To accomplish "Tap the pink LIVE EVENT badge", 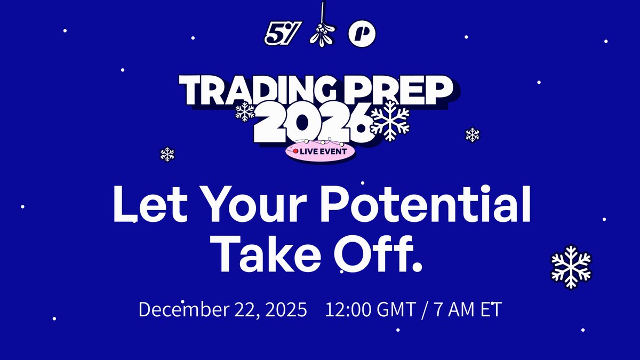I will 320,151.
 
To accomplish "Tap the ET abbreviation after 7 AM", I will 491,310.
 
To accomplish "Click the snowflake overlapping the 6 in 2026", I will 390,121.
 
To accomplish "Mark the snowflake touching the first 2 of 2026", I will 245,111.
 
